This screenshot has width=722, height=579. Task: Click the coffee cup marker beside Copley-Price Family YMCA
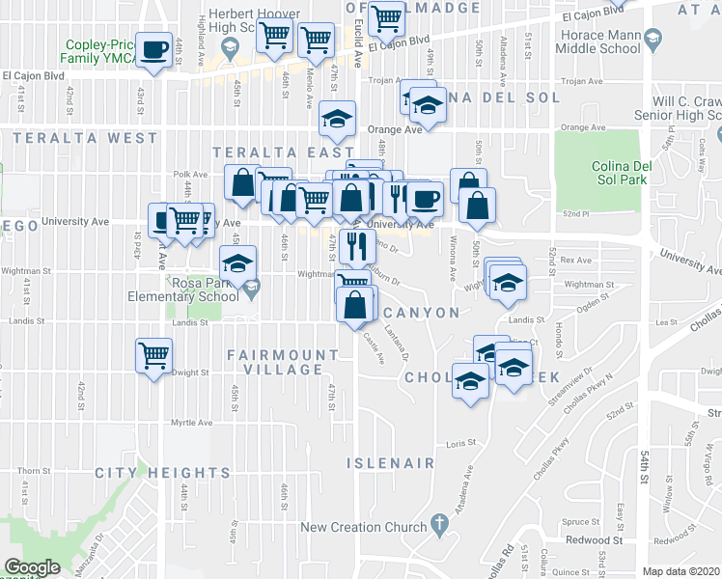tap(153, 49)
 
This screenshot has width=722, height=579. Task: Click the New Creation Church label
tap(363, 527)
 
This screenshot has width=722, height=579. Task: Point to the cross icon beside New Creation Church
tap(439, 526)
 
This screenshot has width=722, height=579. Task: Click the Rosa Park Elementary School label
tap(183, 290)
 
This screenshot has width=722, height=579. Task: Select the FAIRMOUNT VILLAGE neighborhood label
tap(275, 362)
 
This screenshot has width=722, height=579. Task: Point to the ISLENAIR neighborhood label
tap(391, 463)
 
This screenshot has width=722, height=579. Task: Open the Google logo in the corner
tap(32, 567)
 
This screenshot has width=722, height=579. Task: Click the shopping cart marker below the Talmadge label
tap(386, 17)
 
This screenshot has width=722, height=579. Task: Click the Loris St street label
tap(461, 443)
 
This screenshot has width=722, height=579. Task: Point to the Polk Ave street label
tap(185, 175)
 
